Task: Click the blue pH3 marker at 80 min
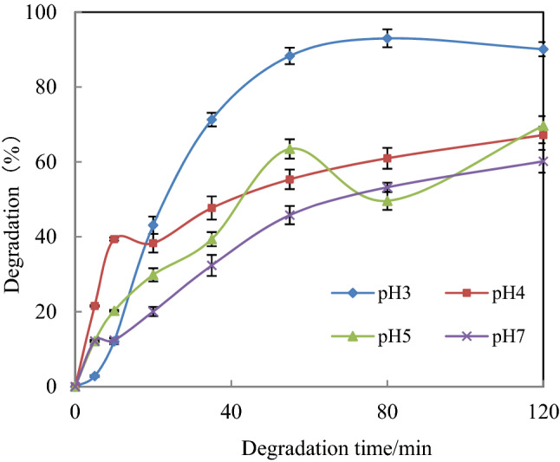(x=387, y=38)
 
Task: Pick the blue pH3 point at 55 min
(x=290, y=56)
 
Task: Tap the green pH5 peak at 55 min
(x=290, y=149)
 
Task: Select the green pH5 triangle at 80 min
(x=387, y=201)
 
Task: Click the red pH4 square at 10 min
(x=114, y=238)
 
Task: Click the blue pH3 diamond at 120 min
(x=543, y=49)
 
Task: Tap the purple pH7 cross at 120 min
(x=543, y=161)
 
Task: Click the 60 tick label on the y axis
(x=55, y=162)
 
